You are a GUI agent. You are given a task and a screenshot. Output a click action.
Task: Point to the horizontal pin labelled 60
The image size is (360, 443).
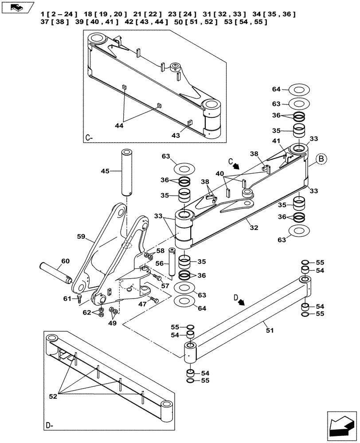55,272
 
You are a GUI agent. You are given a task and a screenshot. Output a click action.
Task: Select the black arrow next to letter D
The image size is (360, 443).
242,302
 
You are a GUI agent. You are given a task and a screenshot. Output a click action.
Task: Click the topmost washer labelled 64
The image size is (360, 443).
299,90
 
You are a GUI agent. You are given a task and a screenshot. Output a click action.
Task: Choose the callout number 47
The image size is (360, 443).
142,305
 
